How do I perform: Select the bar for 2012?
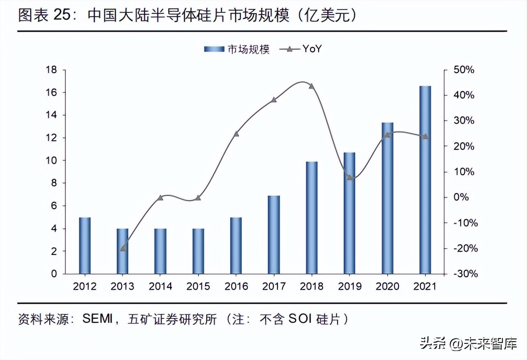85,245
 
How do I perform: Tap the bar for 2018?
312,217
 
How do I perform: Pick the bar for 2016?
236,245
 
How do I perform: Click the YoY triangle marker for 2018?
311,86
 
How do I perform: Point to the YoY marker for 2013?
123,248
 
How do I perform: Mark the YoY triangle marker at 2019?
349,178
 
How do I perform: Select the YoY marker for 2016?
236,134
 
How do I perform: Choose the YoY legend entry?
300,49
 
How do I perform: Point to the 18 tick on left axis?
51,70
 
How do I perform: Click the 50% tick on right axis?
464,70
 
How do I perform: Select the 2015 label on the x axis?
198,286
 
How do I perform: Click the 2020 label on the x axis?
387,286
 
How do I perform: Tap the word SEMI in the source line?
97,319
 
